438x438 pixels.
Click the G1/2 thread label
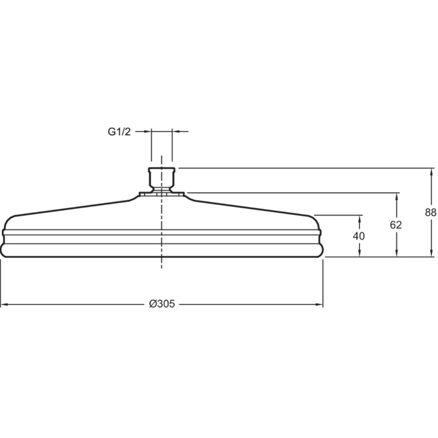(x=119, y=132)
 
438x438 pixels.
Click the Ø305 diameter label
(x=162, y=304)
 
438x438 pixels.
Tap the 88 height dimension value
(x=430, y=212)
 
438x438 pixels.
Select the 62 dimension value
(x=396, y=225)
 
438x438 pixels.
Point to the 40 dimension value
(x=359, y=236)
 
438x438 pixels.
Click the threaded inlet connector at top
(x=162, y=179)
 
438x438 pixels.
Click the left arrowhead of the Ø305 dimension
(x=4, y=304)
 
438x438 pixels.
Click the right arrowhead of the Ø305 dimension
(x=319, y=304)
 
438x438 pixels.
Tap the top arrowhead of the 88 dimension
(x=431, y=172)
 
